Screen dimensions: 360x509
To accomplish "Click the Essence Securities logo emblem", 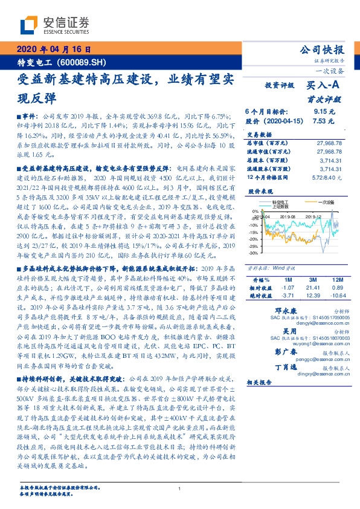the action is tap(30, 26).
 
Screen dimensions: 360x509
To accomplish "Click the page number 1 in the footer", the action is tap(179, 489).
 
